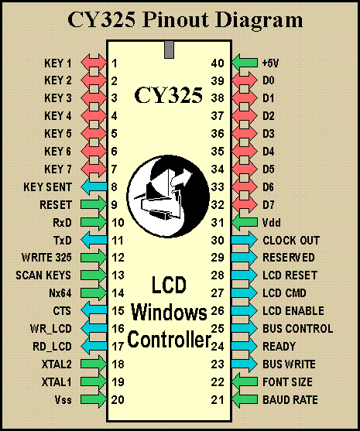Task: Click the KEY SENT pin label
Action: pos(47,187)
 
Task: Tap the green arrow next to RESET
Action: pos(94,205)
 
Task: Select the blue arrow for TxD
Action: pos(94,240)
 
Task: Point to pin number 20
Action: pos(118,400)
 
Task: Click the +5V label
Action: pos(270,63)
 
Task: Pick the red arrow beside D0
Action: pos(245,80)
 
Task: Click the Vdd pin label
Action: pos(272,222)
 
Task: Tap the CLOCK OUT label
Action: pos(291,240)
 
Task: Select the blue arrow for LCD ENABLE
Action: pos(245,310)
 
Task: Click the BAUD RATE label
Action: pos(290,400)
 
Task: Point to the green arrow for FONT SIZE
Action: pos(245,381)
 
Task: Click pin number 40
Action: pos(218,63)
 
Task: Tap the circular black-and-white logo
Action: pos(168,196)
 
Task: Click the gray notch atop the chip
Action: pos(169,50)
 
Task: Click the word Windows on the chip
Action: pos(169,313)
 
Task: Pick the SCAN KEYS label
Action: pos(43,275)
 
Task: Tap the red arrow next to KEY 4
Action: pos(94,116)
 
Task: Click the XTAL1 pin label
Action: pos(57,381)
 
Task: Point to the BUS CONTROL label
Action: pos(298,328)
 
